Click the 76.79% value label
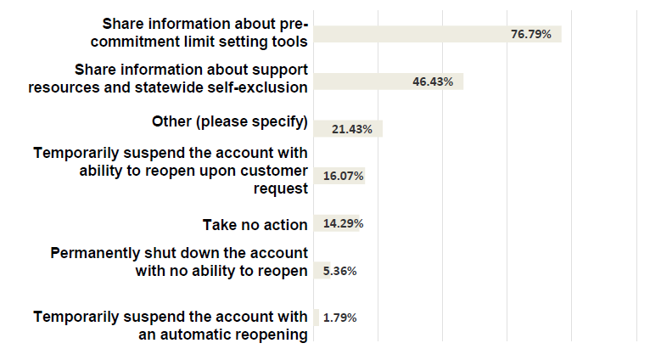[530, 34]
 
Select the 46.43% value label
[432, 82]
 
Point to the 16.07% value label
[344, 176]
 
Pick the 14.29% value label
[344, 224]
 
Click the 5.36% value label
[339, 271]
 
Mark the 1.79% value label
[339, 318]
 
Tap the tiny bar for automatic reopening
[317, 318]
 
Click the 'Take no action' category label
[255, 224]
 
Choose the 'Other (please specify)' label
[229, 121]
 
